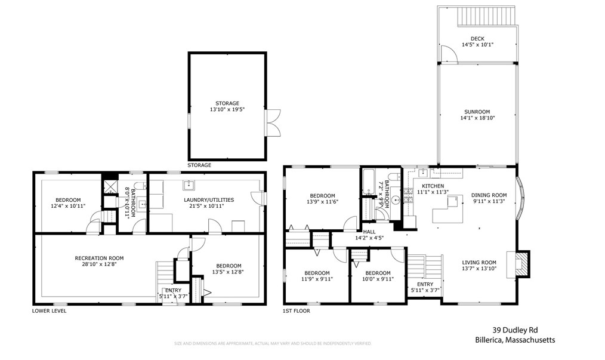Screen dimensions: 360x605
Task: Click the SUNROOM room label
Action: (x=477, y=112)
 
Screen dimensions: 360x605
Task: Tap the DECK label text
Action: (x=477, y=38)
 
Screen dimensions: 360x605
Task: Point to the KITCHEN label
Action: (x=433, y=186)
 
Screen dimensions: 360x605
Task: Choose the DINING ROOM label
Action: (x=489, y=195)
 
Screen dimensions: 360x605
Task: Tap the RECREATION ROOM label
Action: (x=99, y=258)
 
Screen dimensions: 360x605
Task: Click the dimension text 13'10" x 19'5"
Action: (x=227, y=110)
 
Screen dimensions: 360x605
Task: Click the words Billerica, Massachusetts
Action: (x=523, y=340)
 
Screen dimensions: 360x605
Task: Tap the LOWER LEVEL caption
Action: (x=49, y=310)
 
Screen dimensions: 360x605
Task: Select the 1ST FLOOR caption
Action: (x=297, y=310)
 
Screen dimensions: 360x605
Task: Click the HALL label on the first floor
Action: (x=369, y=231)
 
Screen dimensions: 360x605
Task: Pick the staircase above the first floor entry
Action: (x=424, y=266)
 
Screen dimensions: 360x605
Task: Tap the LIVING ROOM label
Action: (x=479, y=262)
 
